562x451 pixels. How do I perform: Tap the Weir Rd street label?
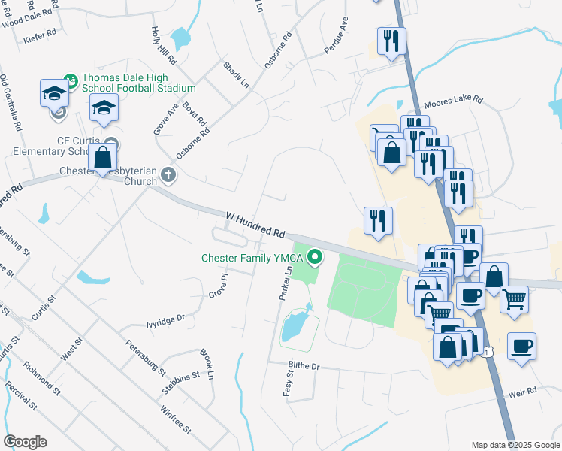(522, 392)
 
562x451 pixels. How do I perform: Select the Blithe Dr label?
(304, 366)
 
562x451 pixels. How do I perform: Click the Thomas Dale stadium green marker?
(71, 78)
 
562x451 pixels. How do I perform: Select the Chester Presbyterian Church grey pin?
(168, 175)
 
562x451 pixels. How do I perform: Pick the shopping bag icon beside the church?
(103, 159)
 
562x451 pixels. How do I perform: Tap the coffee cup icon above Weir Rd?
(521, 347)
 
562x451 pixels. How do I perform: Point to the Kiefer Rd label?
(40, 35)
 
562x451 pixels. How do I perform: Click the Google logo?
(25, 442)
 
